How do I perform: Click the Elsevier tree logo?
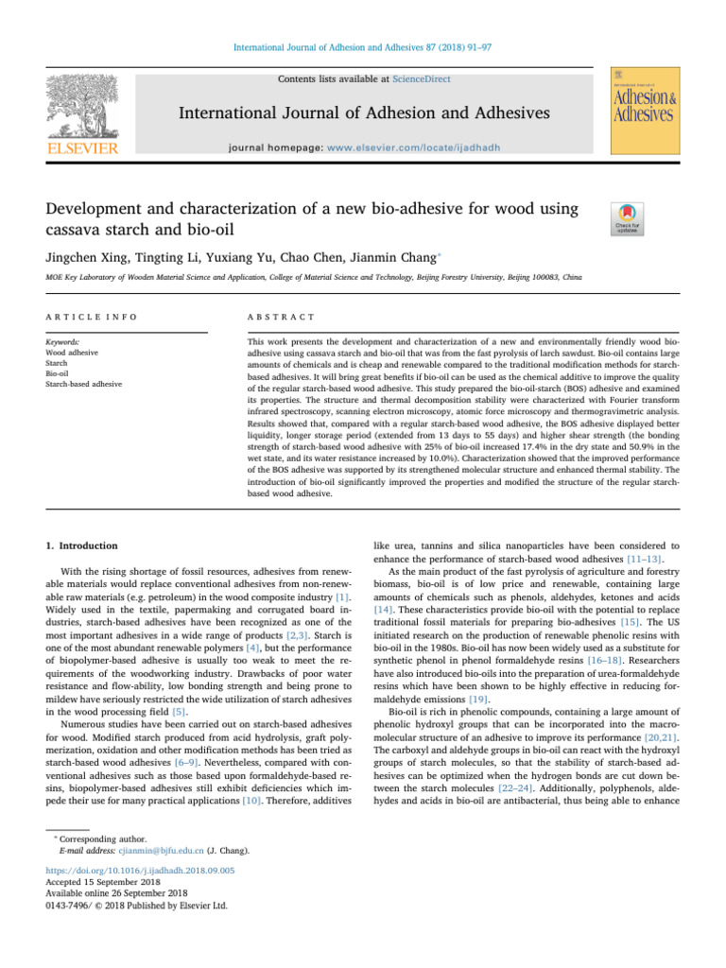click(78, 101)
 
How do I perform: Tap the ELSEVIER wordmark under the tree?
click(78, 148)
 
